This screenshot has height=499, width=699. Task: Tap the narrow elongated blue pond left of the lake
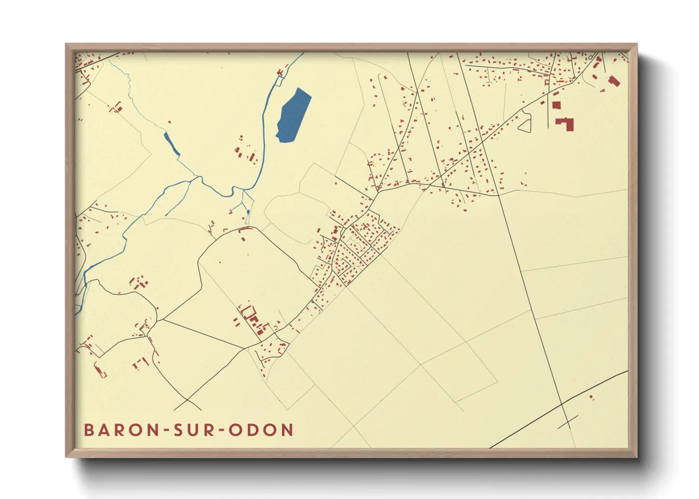click(x=171, y=143)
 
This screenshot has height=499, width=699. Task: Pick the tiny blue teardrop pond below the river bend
click(x=248, y=213)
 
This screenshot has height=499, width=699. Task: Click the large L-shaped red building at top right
click(x=565, y=124)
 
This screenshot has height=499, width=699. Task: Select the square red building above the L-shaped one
click(x=556, y=105)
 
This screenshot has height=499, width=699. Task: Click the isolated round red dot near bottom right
click(x=591, y=397)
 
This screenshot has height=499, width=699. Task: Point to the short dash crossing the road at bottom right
click(x=568, y=422)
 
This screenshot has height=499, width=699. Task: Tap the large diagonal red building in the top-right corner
click(x=614, y=81)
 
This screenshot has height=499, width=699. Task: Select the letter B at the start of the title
click(x=89, y=430)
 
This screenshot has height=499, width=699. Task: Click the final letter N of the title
click(x=287, y=430)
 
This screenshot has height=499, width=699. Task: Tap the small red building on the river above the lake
click(x=280, y=72)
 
